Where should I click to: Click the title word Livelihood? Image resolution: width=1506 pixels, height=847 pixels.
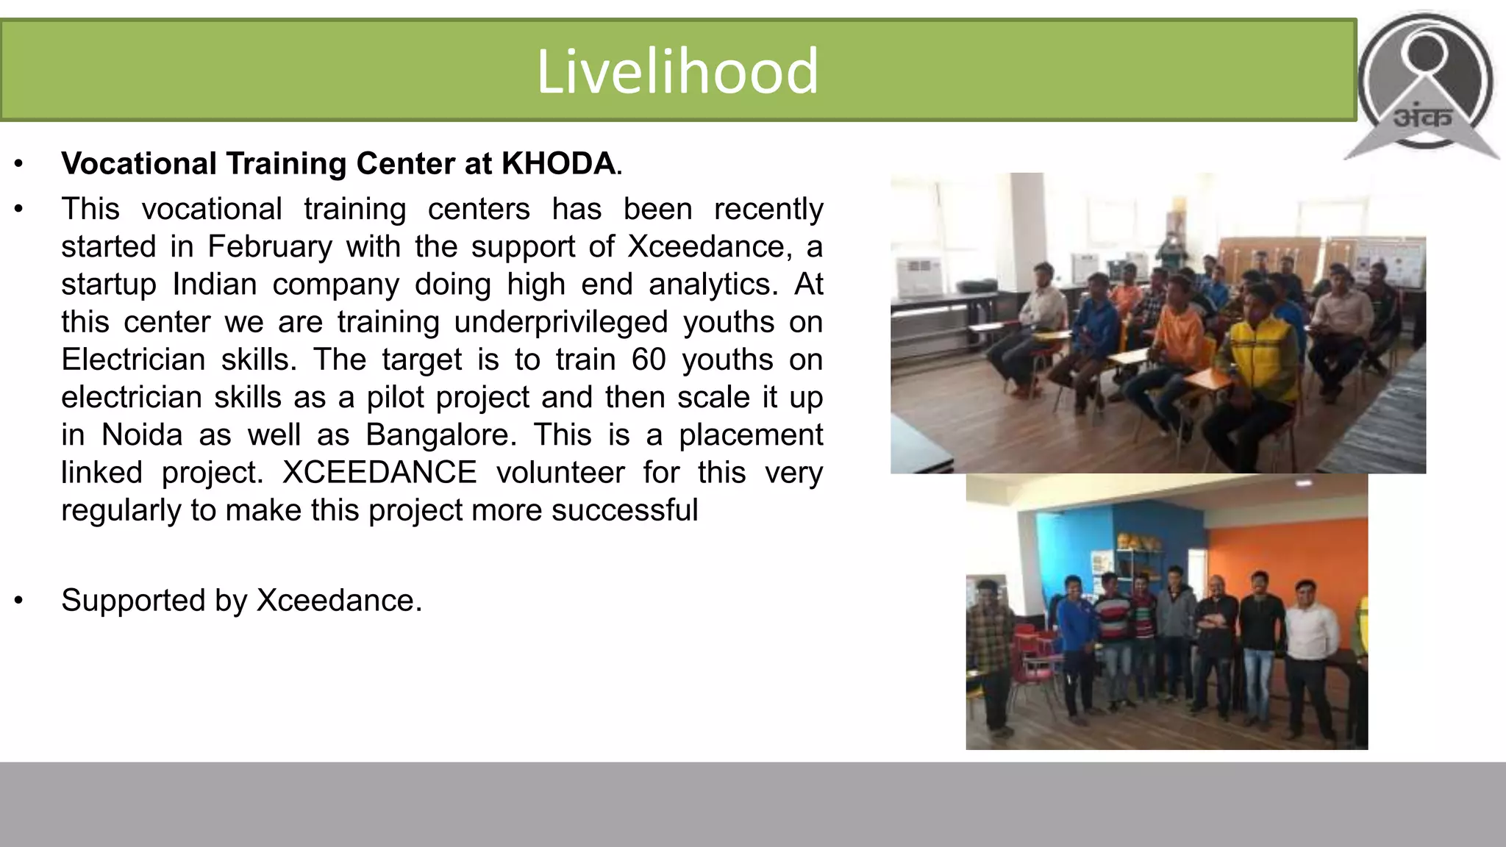[677, 71]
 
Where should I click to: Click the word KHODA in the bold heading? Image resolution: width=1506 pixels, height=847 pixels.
[557, 163]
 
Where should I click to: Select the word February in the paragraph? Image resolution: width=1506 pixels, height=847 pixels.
[270, 246]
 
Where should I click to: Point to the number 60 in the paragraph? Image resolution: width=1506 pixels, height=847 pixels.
[649, 360]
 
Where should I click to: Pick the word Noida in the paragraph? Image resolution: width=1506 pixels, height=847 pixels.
[142, 435]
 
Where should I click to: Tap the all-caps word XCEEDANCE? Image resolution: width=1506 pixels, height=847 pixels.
[379, 472]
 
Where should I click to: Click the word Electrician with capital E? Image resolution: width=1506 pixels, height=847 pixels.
[133, 360]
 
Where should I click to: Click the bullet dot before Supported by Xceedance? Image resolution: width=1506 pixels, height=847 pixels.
[19, 600]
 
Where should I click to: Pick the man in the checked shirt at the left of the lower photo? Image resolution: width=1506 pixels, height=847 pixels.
[989, 647]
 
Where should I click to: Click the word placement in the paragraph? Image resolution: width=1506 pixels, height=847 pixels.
[750, 435]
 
